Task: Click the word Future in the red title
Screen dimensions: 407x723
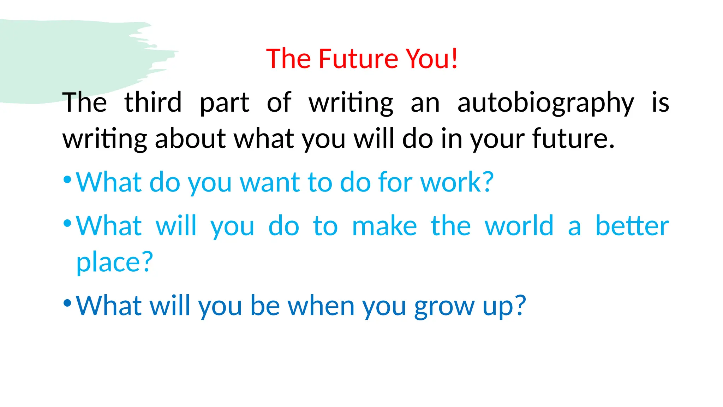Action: click(x=359, y=59)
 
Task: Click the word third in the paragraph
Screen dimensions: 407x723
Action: click(x=153, y=102)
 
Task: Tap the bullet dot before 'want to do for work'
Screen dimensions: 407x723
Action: click(x=67, y=180)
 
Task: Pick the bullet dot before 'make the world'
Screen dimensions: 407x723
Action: click(x=67, y=223)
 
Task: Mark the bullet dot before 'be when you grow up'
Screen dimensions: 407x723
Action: click(x=67, y=303)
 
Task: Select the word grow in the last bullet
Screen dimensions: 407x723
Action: click(x=444, y=306)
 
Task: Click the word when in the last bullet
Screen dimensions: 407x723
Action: click(x=321, y=306)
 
